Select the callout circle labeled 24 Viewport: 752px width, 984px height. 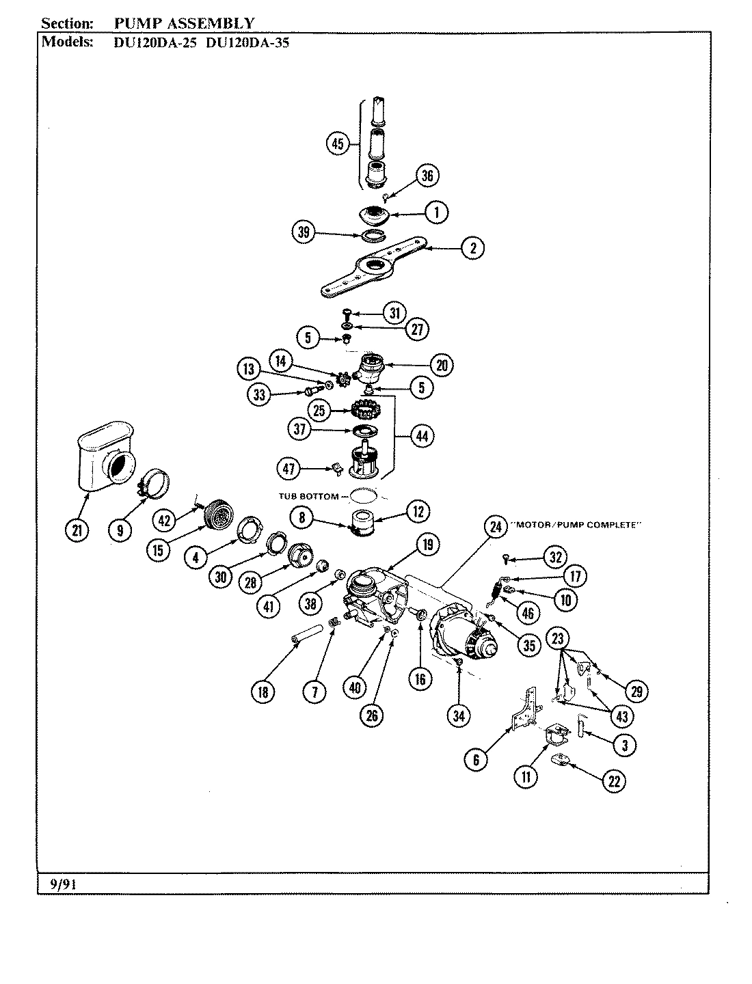(x=495, y=527)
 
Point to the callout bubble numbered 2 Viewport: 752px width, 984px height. (x=472, y=248)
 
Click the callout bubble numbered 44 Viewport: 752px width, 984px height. (x=422, y=435)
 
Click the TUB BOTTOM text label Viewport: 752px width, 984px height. (x=308, y=496)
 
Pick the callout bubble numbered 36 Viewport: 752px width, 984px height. (x=427, y=176)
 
